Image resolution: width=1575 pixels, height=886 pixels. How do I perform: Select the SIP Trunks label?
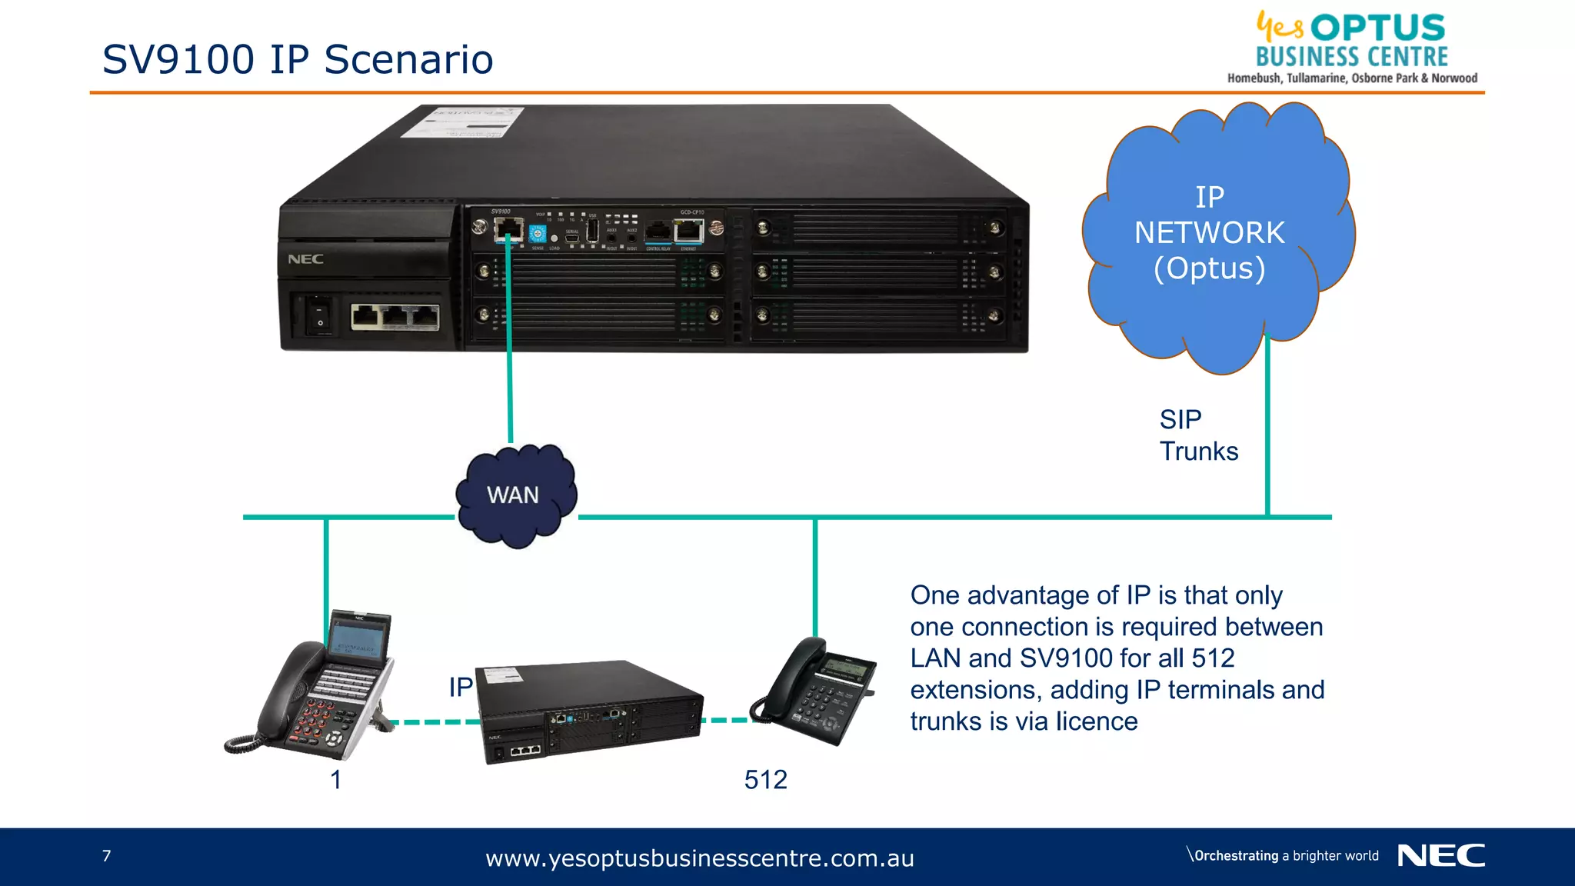[1198, 435]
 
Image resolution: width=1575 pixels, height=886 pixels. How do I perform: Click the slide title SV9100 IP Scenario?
[298, 59]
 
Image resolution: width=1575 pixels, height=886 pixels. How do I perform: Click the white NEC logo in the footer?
[1440, 855]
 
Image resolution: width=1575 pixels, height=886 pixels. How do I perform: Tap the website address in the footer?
[699, 858]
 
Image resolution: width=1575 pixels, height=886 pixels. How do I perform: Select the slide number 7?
[106, 856]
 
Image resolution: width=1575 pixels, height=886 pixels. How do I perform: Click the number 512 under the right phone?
[765, 780]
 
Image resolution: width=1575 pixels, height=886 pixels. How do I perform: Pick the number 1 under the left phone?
[335, 780]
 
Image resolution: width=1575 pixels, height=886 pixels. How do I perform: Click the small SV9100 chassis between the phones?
[588, 711]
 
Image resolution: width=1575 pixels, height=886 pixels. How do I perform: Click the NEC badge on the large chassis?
[305, 259]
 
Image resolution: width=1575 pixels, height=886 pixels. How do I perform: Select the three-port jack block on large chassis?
[395, 317]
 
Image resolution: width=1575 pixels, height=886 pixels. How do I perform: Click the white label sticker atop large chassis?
[464, 122]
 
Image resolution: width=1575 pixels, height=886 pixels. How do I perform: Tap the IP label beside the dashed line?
[460, 687]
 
